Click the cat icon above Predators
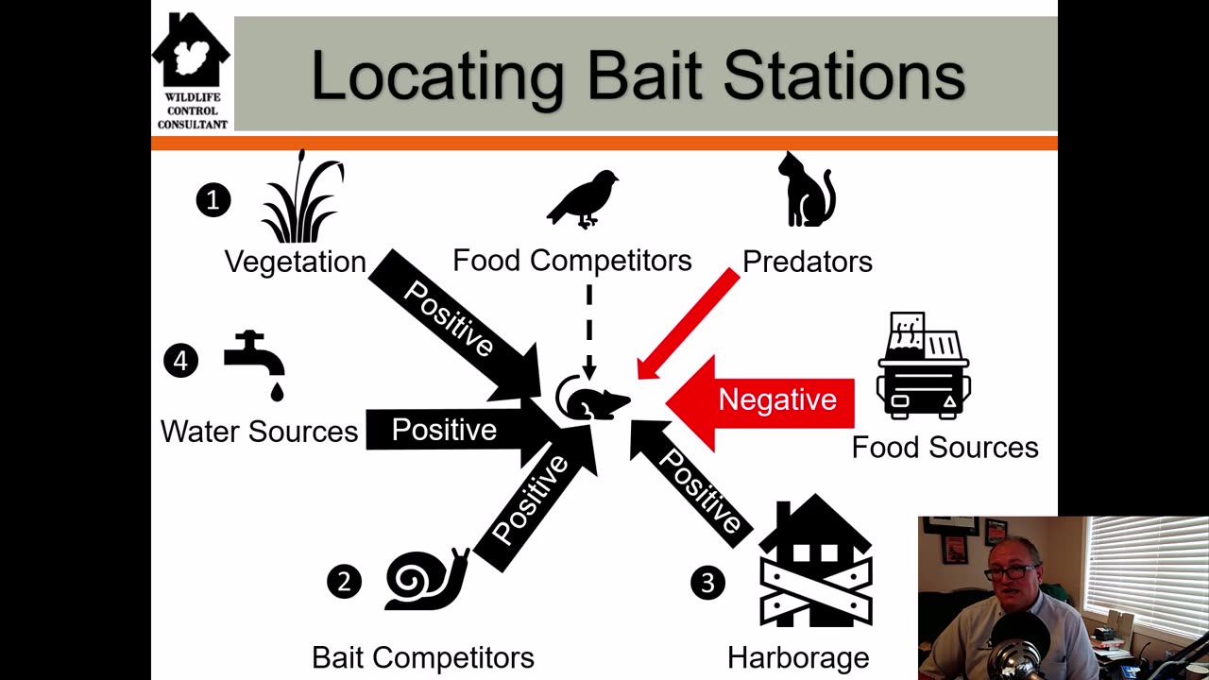807,190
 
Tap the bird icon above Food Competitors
583,199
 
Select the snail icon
427,580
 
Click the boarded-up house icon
815,561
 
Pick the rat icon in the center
592,399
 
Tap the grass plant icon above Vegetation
301,197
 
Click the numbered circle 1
213,200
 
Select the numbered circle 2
345,581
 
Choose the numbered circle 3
707,583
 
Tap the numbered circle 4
180,361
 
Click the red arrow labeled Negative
760,402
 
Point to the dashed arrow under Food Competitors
589,331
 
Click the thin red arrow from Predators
689,324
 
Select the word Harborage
798,658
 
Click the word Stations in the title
843,76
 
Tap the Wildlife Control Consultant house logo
192,71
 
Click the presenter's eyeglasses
1013,571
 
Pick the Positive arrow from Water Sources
464,430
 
